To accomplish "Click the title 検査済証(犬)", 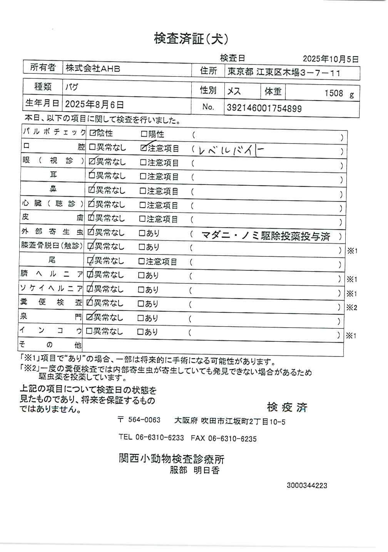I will coord(191,39).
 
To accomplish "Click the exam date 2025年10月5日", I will coord(330,59).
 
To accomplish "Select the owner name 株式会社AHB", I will coord(93,69).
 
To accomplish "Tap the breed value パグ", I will coord(72,87).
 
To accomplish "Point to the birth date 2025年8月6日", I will coord(94,104).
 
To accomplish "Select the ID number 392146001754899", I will coord(264,108).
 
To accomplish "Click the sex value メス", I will coord(234,91).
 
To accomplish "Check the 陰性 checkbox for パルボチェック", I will coord(92,133).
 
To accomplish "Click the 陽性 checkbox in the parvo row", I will coord(144,134).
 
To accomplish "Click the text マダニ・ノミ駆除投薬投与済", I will coord(266,236).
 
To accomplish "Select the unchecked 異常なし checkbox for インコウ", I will coord(89,331).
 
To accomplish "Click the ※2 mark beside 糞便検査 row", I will coord(351,307).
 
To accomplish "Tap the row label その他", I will coord(50,344).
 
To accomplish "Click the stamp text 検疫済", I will coord(287,408).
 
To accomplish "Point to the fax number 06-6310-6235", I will coord(232,438).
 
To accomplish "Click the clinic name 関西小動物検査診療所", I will coord(171,459).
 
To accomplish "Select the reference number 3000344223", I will coord(307,485).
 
